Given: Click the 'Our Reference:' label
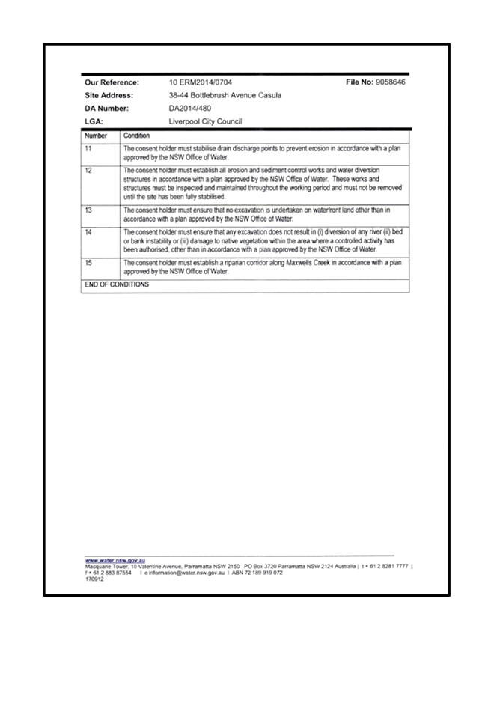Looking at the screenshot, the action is pyautogui.click(x=112, y=82).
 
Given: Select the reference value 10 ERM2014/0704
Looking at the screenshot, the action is pyautogui.click(x=200, y=82).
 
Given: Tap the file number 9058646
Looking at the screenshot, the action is pyautogui.click(x=391, y=82).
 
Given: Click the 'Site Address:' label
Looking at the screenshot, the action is pyautogui.click(x=109, y=95).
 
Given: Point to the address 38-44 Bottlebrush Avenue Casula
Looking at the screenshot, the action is pyautogui.click(x=225, y=95).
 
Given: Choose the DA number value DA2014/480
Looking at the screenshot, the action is pyautogui.click(x=190, y=109).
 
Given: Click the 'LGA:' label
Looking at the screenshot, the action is pyautogui.click(x=94, y=121).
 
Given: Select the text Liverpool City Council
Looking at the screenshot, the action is pyautogui.click(x=205, y=121).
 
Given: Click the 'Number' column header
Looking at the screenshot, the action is pyautogui.click(x=96, y=136).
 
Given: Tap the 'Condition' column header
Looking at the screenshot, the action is pyautogui.click(x=136, y=136).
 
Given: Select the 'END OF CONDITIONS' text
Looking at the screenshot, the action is pyautogui.click(x=117, y=284).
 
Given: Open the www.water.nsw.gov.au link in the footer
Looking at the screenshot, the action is pyautogui.click(x=115, y=560).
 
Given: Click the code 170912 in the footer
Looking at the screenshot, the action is pyautogui.click(x=94, y=579).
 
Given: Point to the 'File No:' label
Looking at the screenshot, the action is pyautogui.click(x=360, y=82).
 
